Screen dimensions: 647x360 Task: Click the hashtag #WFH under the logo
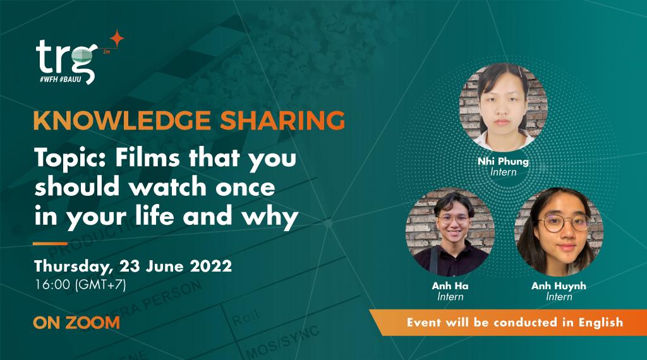[x=49, y=78]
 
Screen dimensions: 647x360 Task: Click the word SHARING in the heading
[x=282, y=121]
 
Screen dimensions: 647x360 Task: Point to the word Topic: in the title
[x=71, y=159]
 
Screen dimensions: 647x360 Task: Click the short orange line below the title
[x=50, y=244]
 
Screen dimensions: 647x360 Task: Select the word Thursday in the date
[x=73, y=267]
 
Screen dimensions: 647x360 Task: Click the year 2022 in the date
[x=211, y=266]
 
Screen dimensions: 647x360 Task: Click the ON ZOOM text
[x=76, y=323]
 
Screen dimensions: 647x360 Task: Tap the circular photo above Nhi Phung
[x=503, y=106]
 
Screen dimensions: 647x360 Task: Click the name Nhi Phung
[x=503, y=161]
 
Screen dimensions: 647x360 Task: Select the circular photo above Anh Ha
[x=450, y=231]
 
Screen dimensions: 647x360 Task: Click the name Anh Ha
[x=450, y=285]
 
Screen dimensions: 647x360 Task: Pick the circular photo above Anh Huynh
[x=559, y=231]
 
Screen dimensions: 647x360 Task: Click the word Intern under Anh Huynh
[x=559, y=296]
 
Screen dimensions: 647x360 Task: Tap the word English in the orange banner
[x=600, y=322]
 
